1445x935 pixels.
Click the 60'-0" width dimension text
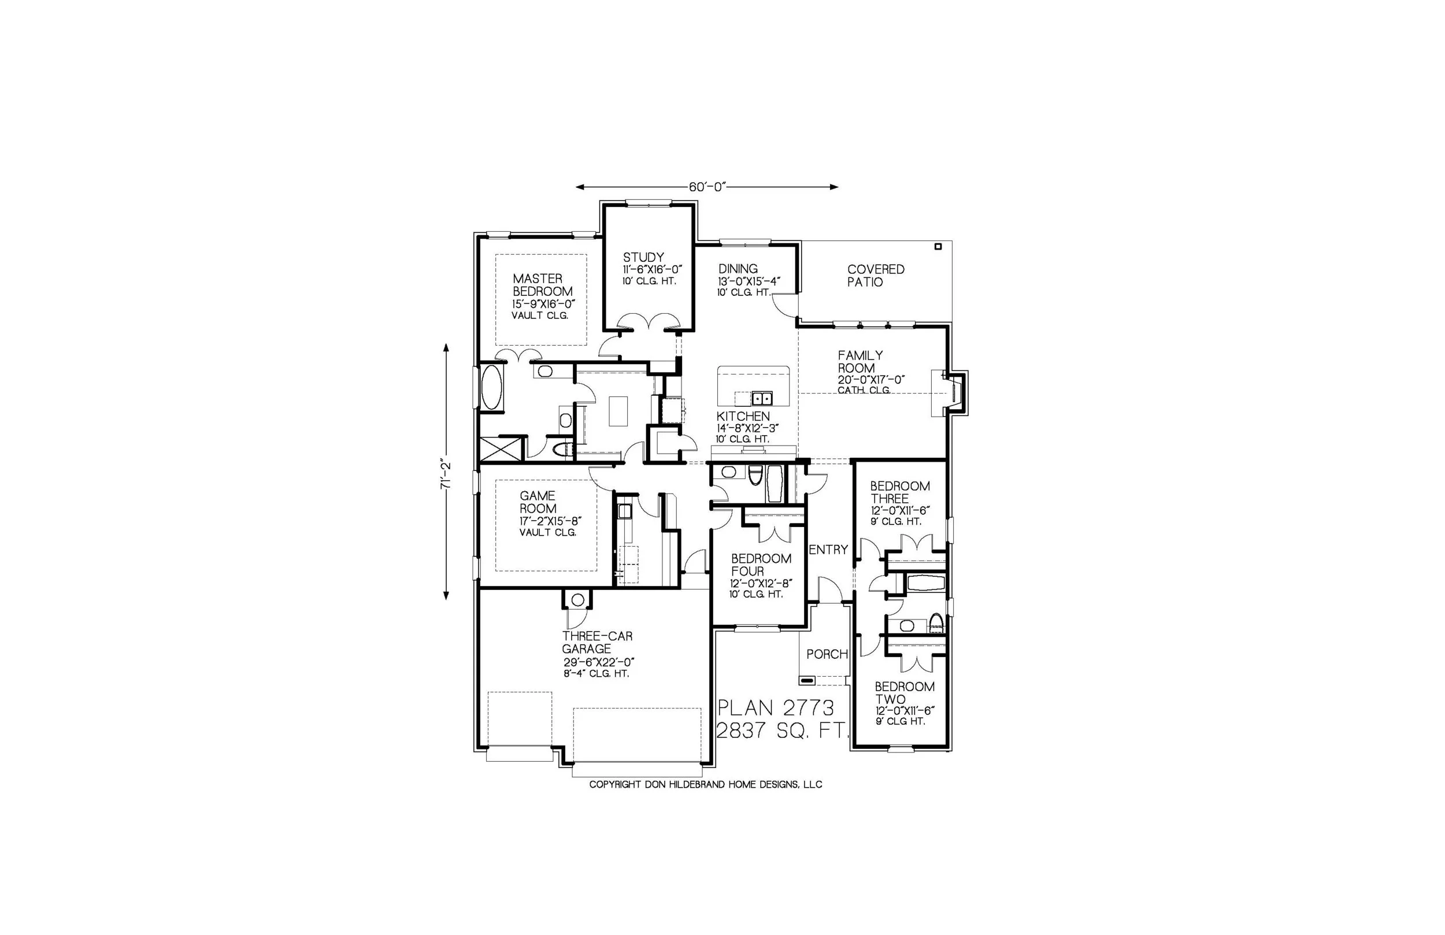[x=707, y=187]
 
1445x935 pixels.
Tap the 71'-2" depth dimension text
[x=446, y=475]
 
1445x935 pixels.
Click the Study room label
[x=643, y=257]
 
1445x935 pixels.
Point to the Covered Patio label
[x=876, y=276]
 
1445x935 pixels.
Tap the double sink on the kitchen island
[x=761, y=398]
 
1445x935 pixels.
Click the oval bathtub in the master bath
[x=491, y=387]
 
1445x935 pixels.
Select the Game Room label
[x=538, y=502]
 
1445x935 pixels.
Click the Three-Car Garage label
[x=597, y=643]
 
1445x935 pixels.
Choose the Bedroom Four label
[x=761, y=565]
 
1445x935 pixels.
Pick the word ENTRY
[x=828, y=550]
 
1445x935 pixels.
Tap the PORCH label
[x=827, y=655]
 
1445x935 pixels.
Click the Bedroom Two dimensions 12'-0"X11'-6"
[x=903, y=710]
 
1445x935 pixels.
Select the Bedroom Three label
[x=900, y=492]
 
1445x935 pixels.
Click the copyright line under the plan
[x=706, y=785]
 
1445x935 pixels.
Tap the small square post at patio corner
[x=938, y=247]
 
